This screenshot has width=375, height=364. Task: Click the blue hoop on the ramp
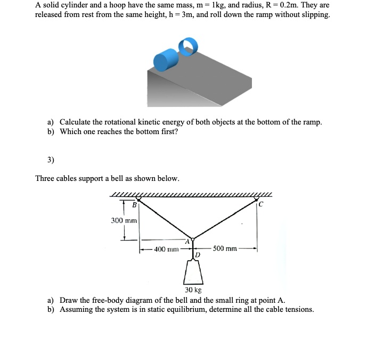point(187,47)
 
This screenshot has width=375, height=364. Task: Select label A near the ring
point(186,242)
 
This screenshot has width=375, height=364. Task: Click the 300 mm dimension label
point(124,220)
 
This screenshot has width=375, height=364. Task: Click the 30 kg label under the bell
point(193,290)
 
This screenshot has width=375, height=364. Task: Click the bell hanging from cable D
point(193,274)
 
